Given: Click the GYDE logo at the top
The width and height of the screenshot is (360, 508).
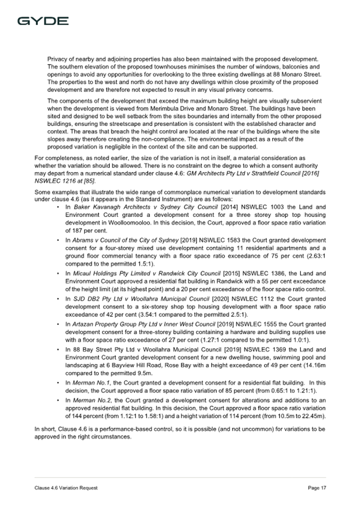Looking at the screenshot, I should [43, 21].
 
